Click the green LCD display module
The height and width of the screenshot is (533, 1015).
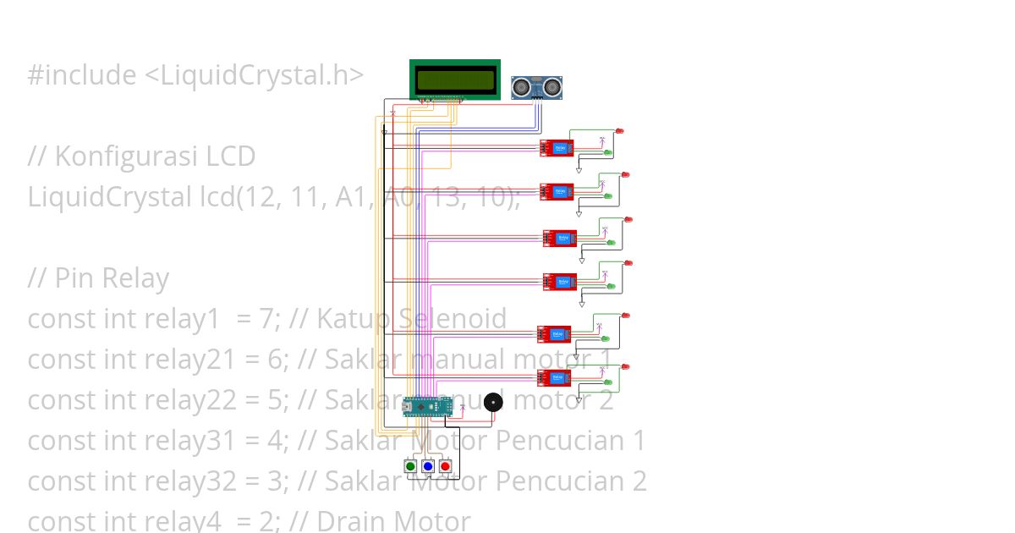tap(454, 79)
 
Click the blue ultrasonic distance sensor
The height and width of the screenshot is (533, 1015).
tap(537, 86)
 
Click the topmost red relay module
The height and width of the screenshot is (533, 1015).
tap(557, 148)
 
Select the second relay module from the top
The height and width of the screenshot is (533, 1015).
tap(557, 192)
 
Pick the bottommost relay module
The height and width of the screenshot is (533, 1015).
tap(555, 378)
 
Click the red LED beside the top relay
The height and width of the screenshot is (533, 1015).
tap(620, 131)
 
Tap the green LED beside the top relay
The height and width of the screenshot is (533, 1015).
tap(608, 152)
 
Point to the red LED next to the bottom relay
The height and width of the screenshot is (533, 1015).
tap(625, 366)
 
